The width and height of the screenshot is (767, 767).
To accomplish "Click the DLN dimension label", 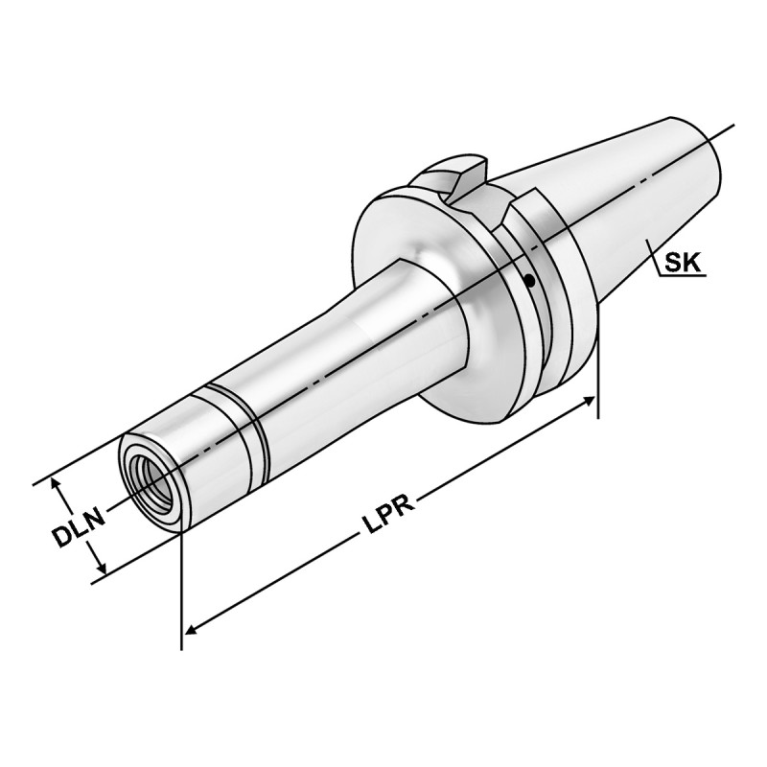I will point(77,527).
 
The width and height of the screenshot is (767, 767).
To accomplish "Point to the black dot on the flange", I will point(529,280).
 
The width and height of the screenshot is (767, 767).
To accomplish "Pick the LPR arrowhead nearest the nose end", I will point(193,630).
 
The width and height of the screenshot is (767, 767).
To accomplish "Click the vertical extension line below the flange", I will point(598,383).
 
